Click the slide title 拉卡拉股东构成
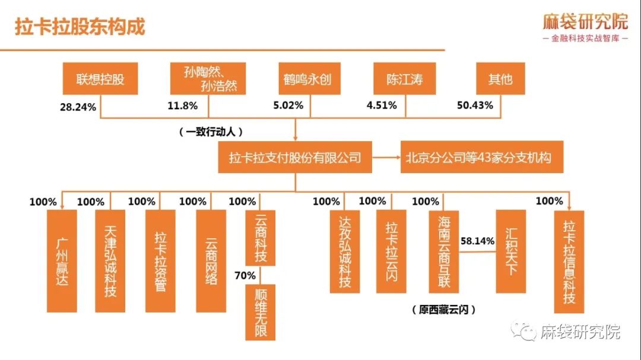80,27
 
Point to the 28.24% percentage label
79,106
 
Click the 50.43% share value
475,106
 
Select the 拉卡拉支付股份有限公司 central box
295,158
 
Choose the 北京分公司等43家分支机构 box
479,158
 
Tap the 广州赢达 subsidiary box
62,260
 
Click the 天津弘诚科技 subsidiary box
110,260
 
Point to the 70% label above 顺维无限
245,276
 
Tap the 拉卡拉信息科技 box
569,260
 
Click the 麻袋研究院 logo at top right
585,27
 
